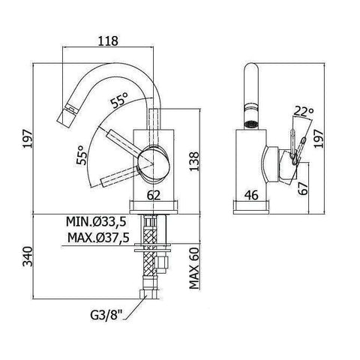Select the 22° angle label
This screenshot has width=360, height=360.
pos(303,111)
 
